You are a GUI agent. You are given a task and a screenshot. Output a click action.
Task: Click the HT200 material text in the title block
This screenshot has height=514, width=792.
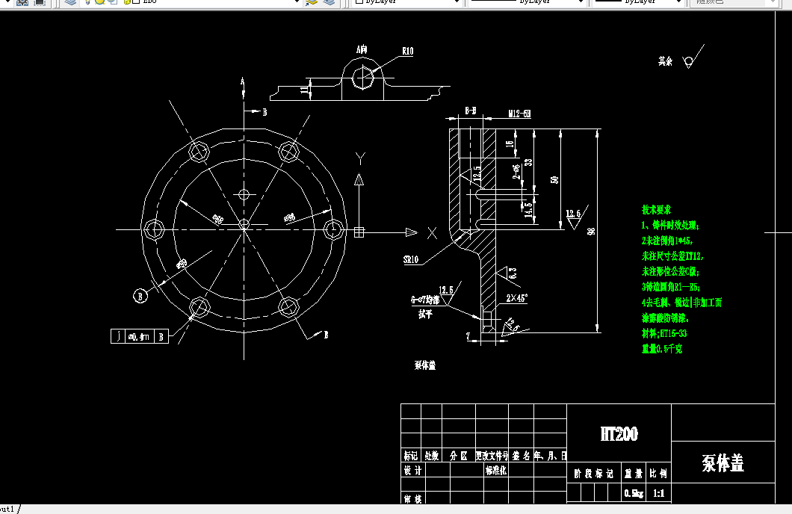tap(619, 434)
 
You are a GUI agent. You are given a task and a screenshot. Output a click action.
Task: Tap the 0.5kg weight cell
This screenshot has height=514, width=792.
tap(633, 494)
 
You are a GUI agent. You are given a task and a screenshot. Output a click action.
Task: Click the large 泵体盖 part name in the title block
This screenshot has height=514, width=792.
tap(723, 463)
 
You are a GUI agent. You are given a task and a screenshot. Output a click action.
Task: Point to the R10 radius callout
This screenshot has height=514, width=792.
tap(407, 52)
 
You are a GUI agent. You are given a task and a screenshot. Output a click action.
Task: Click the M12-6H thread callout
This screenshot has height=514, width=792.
tap(519, 114)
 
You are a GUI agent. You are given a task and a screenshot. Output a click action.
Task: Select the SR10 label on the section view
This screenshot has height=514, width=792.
tap(411, 260)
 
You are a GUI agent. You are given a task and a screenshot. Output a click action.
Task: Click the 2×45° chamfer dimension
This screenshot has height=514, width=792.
tap(516, 297)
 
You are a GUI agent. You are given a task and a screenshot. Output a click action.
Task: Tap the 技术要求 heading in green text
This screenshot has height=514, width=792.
tap(657, 210)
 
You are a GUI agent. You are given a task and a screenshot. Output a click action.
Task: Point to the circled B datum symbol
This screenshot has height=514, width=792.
tap(139, 296)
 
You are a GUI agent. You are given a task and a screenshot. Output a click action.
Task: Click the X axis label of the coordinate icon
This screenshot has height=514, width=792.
tap(431, 233)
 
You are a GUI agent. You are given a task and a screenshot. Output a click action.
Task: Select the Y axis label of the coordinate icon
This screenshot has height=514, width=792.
tap(360, 158)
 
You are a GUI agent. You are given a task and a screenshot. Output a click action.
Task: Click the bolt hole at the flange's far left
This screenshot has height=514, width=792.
tap(154, 229)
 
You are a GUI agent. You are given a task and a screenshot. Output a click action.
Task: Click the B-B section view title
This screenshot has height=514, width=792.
tap(471, 111)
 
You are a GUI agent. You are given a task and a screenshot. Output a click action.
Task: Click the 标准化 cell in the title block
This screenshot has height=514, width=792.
tap(497, 471)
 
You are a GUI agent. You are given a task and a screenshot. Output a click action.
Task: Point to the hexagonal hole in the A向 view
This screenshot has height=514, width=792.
tap(362, 77)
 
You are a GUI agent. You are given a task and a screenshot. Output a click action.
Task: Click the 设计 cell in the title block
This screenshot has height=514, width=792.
tap(412, 471)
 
